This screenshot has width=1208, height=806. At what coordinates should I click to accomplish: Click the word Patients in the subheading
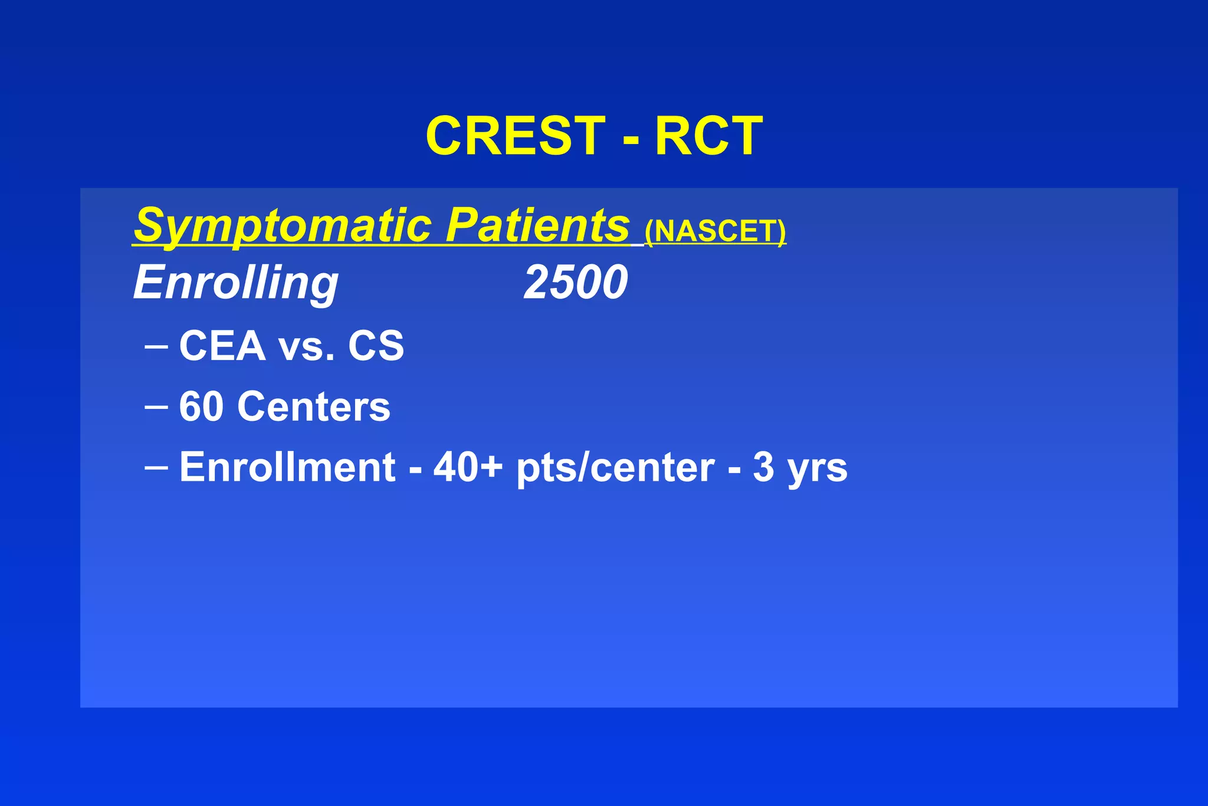537,225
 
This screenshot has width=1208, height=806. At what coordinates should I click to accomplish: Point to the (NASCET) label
715,231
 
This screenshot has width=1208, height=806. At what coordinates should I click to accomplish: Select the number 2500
576,283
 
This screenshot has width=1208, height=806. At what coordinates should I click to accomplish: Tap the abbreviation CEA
222,346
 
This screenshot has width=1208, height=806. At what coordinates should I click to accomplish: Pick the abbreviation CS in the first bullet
376,346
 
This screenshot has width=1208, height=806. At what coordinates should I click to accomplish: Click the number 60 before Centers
201,407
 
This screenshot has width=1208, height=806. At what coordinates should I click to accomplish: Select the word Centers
314,407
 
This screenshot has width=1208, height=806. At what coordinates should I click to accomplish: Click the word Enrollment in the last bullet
287,467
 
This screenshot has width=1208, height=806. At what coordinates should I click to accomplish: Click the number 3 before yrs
763,467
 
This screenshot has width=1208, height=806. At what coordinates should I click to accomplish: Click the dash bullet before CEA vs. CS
156,346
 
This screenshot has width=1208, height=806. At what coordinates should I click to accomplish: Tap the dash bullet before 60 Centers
156,407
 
